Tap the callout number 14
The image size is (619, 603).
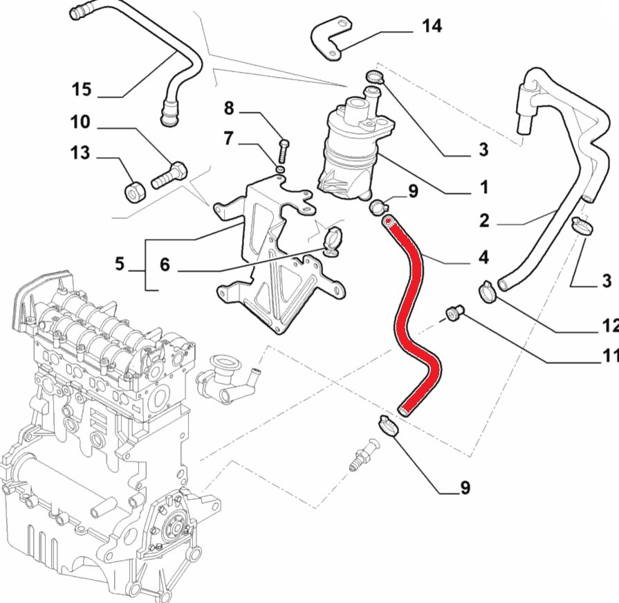pyautogui.click(x=432, y=26)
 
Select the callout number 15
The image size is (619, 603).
pyautogui.click(x=81, y=89)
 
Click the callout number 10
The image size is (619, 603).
pyautogui.click(x=80, y=123)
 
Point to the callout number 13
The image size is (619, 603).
pyautogui.click(x=81, y=152)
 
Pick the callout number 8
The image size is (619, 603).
pyautogui.click(x=229, y=108)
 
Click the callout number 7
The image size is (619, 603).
pyautogui.click(x=229, y=138)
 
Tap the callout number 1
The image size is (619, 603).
pyautogui.click(x=483, y=187)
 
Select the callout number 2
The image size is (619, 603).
pyautogui.click(x=484, y=221)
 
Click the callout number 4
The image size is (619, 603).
pyautogui.click(x=483, y=258)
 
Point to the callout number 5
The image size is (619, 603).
pyautogui.click(x=120, y=263)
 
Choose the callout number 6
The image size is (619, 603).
pyautogui.click(x=165, y=264)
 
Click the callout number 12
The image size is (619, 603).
pyautogui.click(x=609, y=325)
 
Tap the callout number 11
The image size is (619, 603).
pyautogui.click(x=609, y=357)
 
